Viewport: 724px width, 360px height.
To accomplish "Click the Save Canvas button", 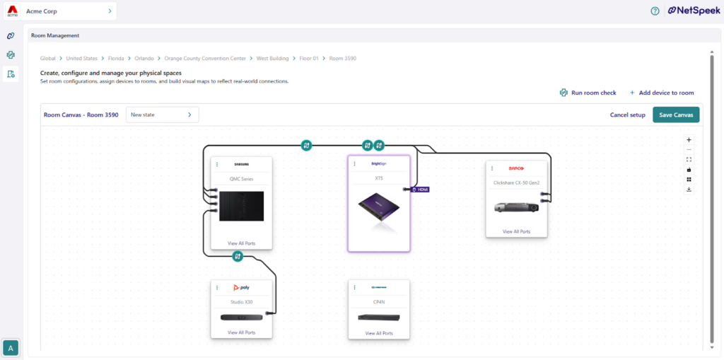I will click(x=676, y=115).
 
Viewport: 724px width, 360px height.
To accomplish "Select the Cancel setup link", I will click(x=627, y=115).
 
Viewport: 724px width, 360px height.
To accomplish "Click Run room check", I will click(x=588, y=93).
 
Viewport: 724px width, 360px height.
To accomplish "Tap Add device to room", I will click(x=662, y=93).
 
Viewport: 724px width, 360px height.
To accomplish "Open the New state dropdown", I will click(x=162, y=115).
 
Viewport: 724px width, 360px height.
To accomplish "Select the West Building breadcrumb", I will click(x=272, y=58).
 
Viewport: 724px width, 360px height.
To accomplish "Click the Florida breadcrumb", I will click(x=115, y=58).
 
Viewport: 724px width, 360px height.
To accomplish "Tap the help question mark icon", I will click(x=655, y=11).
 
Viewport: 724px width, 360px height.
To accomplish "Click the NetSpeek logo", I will click(x=694, y=11).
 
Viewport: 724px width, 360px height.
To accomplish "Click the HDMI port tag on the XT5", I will click(x=420, y=190).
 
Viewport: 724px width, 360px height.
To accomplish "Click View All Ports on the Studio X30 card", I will click(x=241, y=332).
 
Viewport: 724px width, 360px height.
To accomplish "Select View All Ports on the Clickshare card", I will click(x=516, y=231).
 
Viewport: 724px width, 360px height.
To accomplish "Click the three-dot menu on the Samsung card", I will click(x=217, y=165).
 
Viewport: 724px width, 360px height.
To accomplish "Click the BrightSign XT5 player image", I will click(x=378, y=212).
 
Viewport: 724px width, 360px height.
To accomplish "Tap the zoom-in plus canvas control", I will click(x=689, y=139).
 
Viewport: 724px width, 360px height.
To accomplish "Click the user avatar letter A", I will click(x=11, y=347).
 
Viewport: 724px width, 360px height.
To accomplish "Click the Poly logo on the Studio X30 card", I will click(x=241, y=287).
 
